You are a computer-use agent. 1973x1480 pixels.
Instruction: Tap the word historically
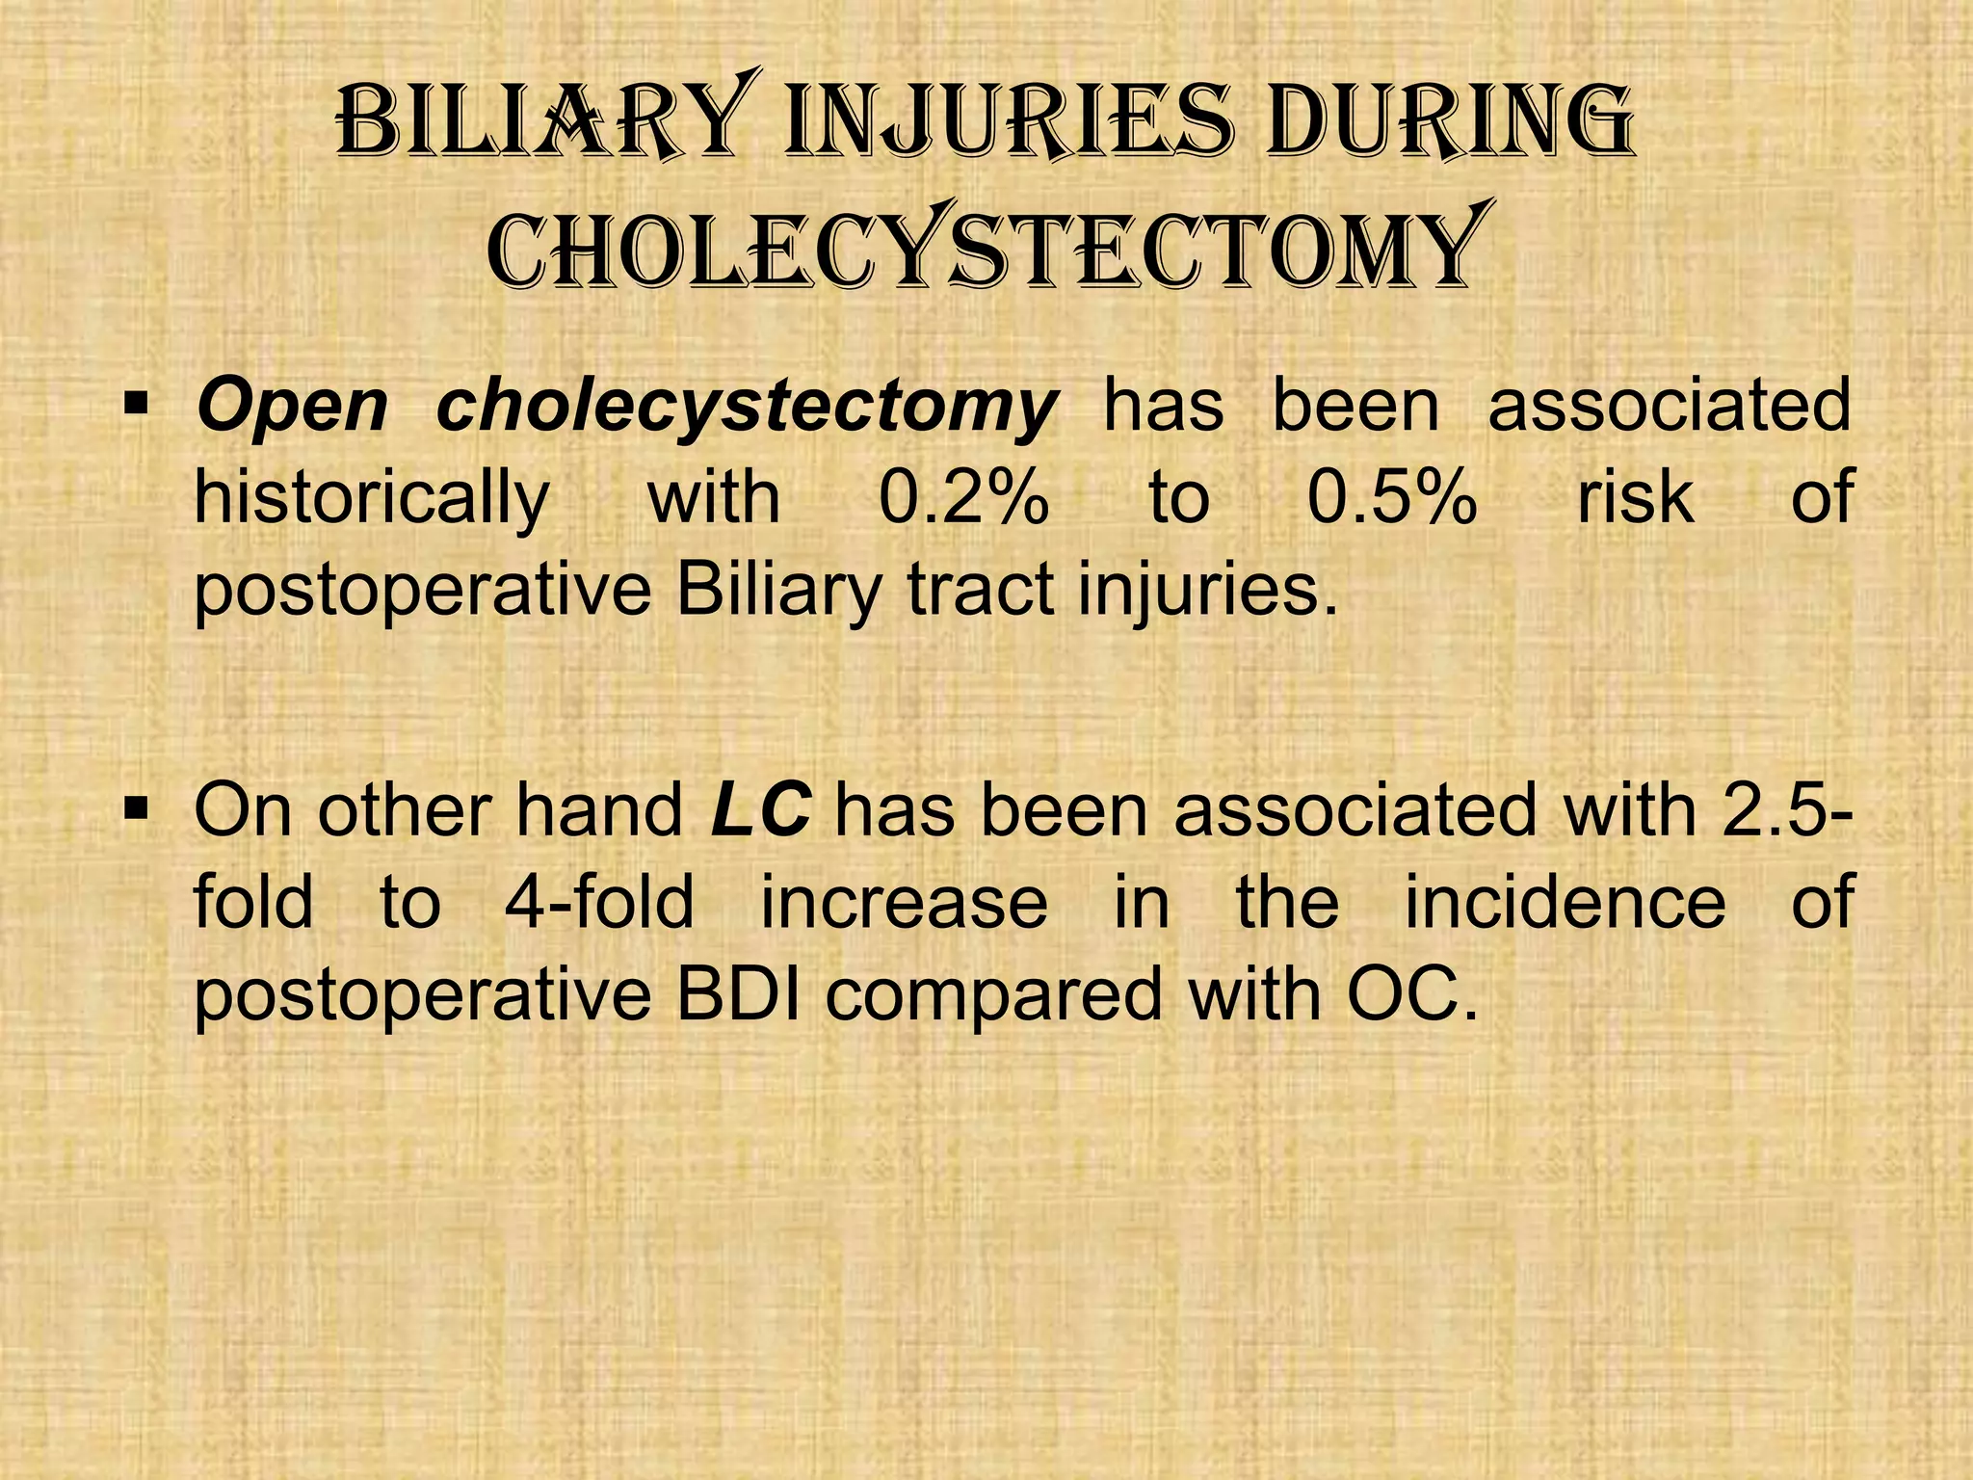tap(371, 500)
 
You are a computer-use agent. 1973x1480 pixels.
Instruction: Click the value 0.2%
tap(963, 498)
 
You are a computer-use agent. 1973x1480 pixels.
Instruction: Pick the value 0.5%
tap(1391, 498)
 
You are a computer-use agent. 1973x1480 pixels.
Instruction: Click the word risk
tap(1635, 498)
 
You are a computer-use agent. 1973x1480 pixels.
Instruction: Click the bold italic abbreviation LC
tap(760, 809)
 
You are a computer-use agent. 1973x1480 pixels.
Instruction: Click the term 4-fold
tap(599, 903)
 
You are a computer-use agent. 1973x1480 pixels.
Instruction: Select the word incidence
tap(1565, 903)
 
